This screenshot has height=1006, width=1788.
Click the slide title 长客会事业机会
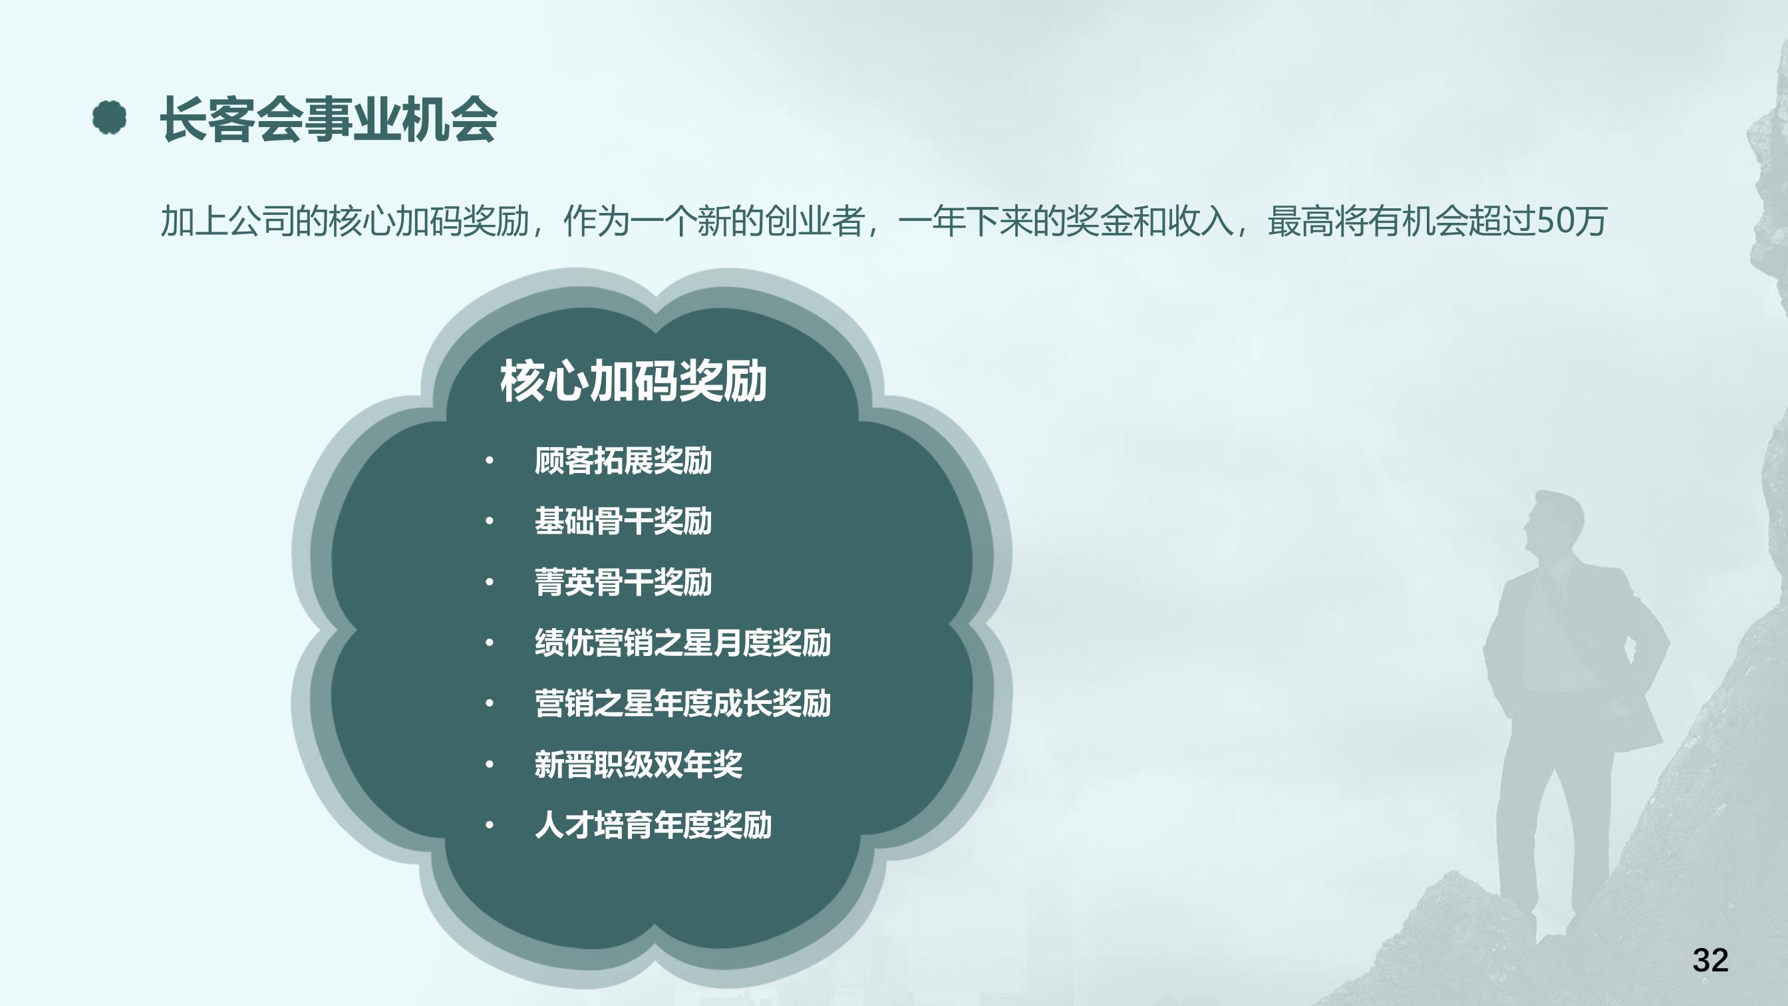(x=329, y=119)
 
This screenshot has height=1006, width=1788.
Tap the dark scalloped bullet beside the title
(x=110, y=117)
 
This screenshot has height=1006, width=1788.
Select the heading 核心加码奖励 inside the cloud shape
(x=633, y=381)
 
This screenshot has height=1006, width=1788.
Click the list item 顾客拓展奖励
(x=623, y=461)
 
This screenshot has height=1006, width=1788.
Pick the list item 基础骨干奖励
(x=623, y=522)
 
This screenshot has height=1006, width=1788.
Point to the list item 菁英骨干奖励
(x=623, y=582)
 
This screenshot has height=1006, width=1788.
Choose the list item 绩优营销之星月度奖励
(x=682, y=643)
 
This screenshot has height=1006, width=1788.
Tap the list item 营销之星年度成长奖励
(x=682, y=703)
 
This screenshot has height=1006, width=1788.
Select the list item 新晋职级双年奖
(x=638, y=764)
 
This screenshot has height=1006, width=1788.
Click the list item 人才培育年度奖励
(x=653, y=825)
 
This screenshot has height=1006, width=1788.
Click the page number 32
(x=1710, y=960)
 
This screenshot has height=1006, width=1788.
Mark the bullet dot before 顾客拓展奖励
(x=490, y=461)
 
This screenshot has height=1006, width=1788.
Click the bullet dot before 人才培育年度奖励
(x=490, y=826)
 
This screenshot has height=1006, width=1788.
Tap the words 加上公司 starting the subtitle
(x=227, y=222)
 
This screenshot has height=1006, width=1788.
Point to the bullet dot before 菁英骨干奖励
(x=490, y=582)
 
